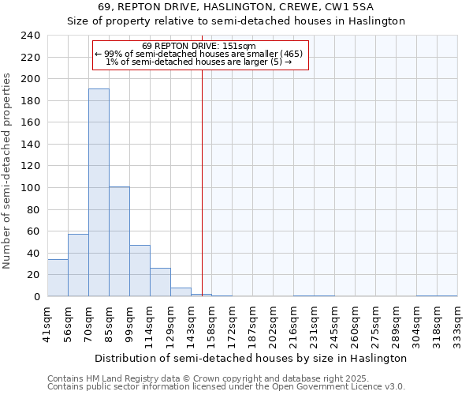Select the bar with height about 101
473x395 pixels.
coord(119,242)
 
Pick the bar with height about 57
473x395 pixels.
coord(78,265)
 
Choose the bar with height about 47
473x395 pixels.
coord(140,271)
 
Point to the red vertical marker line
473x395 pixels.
coord(203,182)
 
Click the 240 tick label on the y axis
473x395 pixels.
coord(31,36)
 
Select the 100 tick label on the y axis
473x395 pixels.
coord(31,188)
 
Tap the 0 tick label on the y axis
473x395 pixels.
coord(36,297)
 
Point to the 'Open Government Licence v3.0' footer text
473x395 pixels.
coord(339,386)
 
